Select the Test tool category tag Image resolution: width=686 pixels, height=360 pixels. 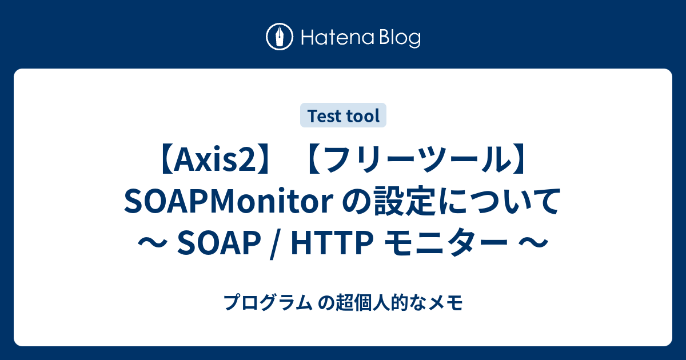(343, 115)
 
